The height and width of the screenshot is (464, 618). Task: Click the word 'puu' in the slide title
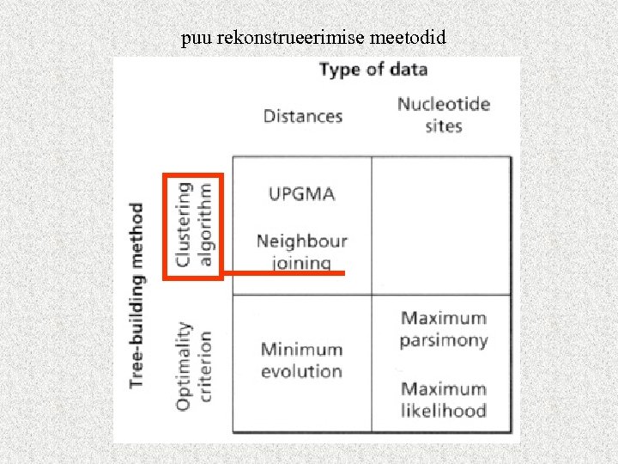(193, 39)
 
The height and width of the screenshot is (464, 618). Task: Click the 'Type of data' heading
(373, 70)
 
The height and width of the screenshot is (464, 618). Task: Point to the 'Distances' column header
(302, 116)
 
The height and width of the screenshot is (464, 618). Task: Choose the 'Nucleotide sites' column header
(443, 115)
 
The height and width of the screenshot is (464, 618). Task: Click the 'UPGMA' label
(301, 193)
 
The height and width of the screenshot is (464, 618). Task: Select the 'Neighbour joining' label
(301, 251)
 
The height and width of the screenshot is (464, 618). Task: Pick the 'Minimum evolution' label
(301, 360)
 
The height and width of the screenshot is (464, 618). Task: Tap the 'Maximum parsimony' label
(443, 329)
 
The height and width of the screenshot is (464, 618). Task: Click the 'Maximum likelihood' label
(443, 400)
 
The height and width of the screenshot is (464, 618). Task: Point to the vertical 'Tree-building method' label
(136, 294)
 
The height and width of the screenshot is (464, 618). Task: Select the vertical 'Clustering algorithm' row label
(193, 224)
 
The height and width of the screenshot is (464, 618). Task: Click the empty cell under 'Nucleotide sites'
(441, 225)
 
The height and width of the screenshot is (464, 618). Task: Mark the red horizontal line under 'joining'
(283, 273)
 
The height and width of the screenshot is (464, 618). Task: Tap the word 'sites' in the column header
(443, 126)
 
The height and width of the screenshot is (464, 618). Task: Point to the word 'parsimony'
(443, 340)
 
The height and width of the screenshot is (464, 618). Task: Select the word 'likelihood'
(443, 411)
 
